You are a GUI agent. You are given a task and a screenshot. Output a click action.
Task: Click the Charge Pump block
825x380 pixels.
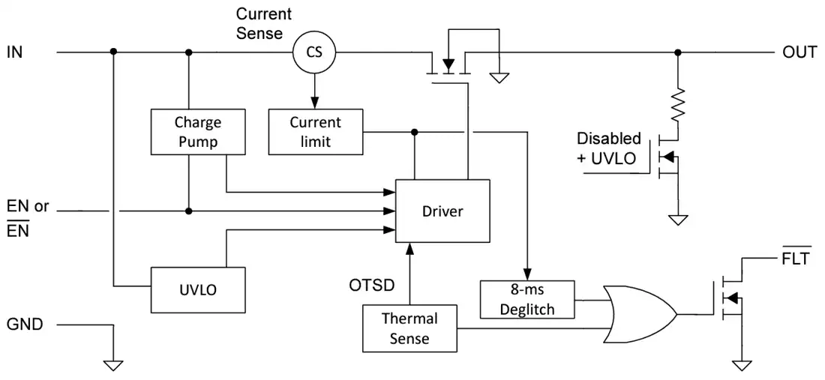[x=198, y=132]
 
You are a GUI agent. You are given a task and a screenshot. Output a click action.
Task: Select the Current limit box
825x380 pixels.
[x=315, y=132]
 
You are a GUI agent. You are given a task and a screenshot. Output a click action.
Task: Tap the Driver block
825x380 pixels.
[x=442, y=211]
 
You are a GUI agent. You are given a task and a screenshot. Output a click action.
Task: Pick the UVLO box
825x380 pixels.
[x=198, y=290]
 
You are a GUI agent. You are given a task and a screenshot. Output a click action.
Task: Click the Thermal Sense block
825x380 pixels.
[x=409, y=328]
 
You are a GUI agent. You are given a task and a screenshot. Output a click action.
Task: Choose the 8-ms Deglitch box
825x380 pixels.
[x=527, y=300]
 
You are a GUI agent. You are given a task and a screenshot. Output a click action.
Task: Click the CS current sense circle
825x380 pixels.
[x=314, y=52]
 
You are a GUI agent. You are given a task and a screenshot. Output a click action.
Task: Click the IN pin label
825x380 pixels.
[x=15, y=52]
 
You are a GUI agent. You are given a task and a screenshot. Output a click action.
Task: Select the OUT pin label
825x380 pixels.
[x=799, y=52]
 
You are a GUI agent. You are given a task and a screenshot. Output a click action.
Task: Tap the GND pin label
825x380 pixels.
[x=24, y=325]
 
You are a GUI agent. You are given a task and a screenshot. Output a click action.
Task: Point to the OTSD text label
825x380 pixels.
[x=373, y=286]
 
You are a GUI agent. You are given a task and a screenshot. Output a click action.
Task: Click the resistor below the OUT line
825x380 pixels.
[x=678, y=104]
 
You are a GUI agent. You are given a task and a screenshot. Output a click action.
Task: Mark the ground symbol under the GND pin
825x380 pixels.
[x=113, y=365]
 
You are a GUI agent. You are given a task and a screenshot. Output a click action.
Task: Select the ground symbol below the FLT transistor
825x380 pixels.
[x=742, y=365]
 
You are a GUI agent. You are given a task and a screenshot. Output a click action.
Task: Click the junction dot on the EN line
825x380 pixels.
[x=189, y=211]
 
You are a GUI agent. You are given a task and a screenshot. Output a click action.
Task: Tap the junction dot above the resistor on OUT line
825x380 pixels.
[x=678, y=52]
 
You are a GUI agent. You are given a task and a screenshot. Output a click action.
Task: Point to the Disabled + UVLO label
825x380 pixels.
[x=609, y=148]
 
